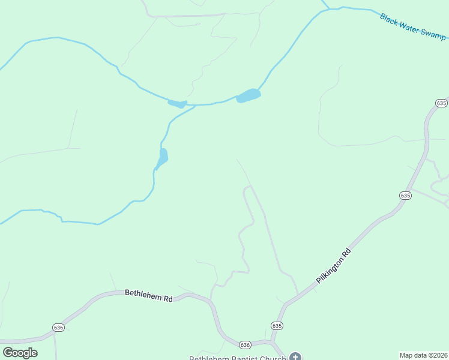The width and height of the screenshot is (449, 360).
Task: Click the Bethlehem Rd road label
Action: (148, 295)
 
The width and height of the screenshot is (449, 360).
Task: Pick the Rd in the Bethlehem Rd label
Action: (167, 298)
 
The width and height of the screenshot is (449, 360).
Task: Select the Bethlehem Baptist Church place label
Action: (237, 358)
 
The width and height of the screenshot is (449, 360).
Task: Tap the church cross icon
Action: (295, 357)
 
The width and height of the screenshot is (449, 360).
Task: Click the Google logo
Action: (20, 353)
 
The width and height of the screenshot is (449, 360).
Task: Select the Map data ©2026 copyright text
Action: (423, 355)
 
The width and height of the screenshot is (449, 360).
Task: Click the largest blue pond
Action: (249, 95)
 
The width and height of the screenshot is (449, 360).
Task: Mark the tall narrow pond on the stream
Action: (162, 158)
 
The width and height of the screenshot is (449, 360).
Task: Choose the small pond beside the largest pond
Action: (177, 104)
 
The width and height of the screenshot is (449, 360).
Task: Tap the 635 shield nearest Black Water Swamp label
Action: (442, 103)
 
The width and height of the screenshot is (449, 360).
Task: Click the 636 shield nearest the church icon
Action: (244, 344)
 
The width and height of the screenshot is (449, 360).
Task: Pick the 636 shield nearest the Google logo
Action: (58, 327)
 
